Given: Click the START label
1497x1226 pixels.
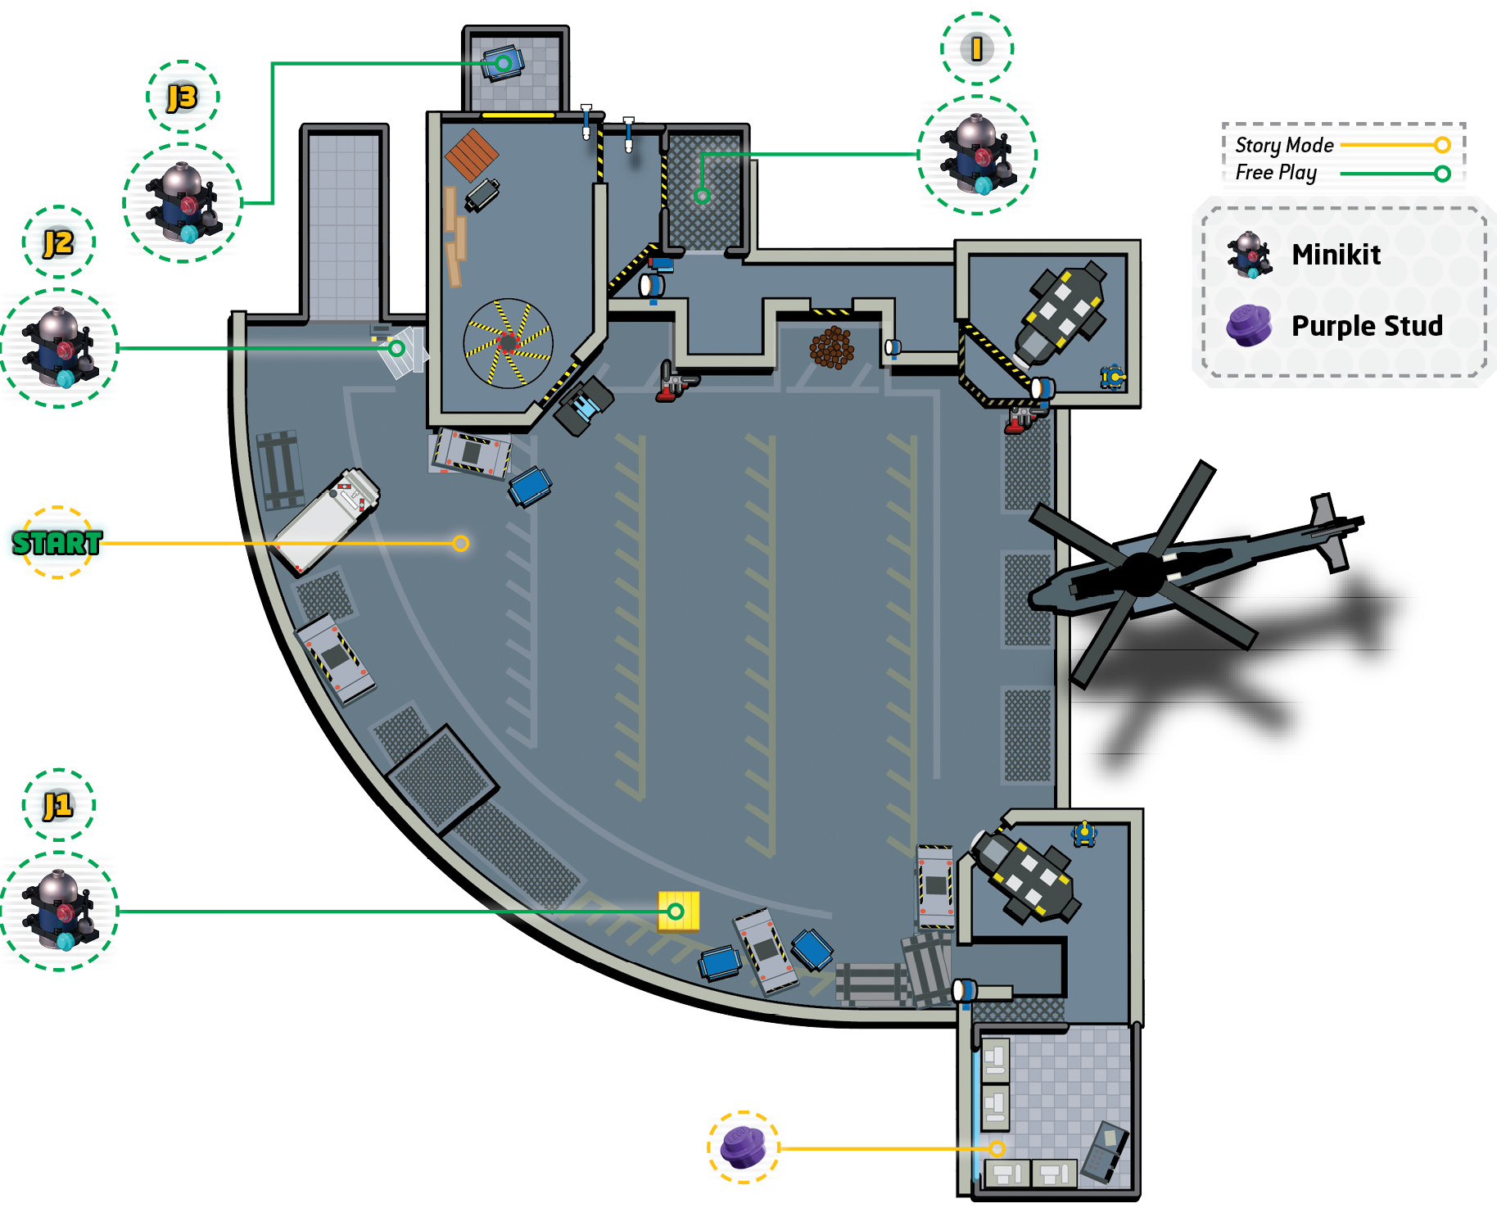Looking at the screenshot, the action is click(x=57, y=542).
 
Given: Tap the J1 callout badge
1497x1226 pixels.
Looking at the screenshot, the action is click(x=58, y=805).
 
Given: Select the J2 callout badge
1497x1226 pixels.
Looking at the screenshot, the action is click(x=58, y=242).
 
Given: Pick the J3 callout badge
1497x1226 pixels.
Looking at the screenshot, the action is click(x=183, y=97).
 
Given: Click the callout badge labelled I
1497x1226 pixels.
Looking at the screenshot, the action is click(x=977, y=48).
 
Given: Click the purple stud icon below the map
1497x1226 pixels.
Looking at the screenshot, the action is click(x=744, y=1147).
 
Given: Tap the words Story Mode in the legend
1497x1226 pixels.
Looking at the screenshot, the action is click(x=1284, y=145).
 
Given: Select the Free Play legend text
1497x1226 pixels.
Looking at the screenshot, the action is click(x=1276, y=173).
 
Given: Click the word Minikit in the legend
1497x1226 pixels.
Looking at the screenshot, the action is click(x=1336, y=255).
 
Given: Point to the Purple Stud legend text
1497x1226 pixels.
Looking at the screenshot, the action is click(x=1367, y=326).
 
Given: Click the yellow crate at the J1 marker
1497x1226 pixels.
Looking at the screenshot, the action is click(x=679, y=911).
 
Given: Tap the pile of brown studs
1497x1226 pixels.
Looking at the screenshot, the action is click(x=831, y=347).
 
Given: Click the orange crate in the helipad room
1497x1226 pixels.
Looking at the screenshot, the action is click(x=472, y=154).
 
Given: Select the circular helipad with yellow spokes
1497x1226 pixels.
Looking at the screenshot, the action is click(x=508, y=343).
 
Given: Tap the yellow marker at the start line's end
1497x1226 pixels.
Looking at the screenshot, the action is click(x=461, y=543).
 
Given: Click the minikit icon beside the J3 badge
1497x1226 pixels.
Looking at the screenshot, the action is click(x=183, y=203).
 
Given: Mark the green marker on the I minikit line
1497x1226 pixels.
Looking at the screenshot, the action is click(x=702, y=196).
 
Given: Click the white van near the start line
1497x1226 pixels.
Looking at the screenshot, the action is click(x=326, y=520).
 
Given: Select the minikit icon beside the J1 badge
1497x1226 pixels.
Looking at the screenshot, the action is click(x=59, y=911).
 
